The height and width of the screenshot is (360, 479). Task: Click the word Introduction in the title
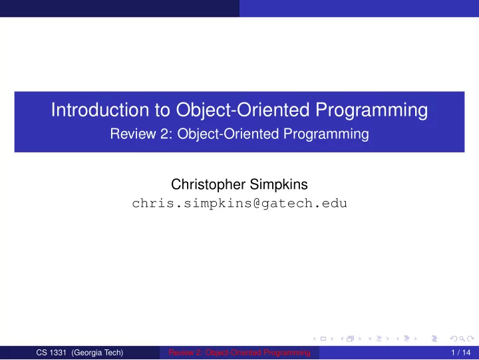(100, 109)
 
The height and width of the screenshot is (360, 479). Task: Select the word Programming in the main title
(371, 110)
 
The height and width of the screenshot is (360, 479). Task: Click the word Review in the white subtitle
(132, 134)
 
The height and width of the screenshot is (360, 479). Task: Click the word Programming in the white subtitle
(326, 135)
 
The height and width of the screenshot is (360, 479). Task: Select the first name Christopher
(208, 185)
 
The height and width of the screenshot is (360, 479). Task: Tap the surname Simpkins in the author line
(279, 185)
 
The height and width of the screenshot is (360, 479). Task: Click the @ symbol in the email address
(257, 204)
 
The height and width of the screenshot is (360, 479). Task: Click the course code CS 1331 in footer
(51, 353)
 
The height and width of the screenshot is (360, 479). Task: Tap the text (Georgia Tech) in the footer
(97, 353)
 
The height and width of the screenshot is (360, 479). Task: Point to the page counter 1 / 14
(461, 353)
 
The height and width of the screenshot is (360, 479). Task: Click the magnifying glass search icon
(462, 339)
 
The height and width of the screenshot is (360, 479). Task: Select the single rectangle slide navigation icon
(323, 339)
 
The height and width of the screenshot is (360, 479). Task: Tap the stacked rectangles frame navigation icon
(351, 339)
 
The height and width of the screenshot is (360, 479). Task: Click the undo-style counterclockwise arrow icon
(454, 339)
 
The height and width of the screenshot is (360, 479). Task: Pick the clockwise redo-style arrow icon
(471, 339)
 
